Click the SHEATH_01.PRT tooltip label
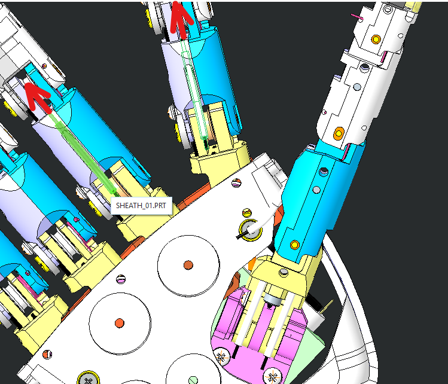tap(141, 206)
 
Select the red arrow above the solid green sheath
tap(38, 97)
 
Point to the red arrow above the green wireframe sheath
tap(180, 20)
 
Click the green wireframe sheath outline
tap(194, 95)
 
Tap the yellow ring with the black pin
tap(250, 230)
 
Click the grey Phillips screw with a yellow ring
tap(89, 379)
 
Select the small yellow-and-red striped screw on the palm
tap(247, 213)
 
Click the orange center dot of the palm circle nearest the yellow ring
tap(188, 265)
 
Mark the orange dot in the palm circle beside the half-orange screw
tap(120, 323)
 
